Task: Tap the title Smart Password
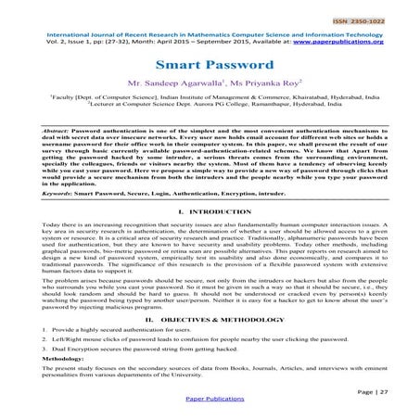click(209, 67)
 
